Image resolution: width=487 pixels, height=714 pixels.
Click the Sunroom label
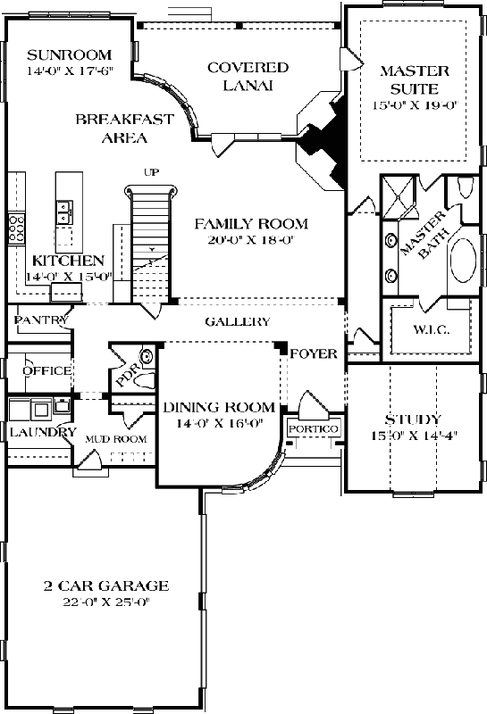pos(55,51)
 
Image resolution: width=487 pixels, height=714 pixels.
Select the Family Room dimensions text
pos(250,239)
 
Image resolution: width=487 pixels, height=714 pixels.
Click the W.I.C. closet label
pos(431,330)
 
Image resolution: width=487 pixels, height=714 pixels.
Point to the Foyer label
pos(314,353)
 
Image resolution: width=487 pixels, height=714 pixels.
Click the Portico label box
pos(313,429)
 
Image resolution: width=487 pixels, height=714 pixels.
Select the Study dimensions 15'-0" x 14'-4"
pos(412,436)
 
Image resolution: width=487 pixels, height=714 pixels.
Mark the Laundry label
pos(42,432)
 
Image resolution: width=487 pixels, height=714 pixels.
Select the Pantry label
pos(37,319)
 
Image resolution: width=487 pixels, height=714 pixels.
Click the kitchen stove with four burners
pos(16,229)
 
